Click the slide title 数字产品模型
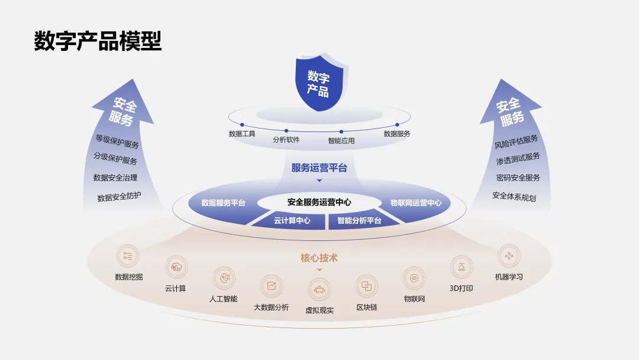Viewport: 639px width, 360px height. click(x=98, y=41)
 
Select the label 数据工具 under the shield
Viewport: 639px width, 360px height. click(x=242, y=134)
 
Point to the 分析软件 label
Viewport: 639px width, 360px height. click(x=286, y=140)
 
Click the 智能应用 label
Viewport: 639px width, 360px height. click(x=341, y=142)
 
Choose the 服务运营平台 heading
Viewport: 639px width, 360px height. click(x=319, y=168)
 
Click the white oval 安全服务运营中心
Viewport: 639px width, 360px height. click(x=319, y=202)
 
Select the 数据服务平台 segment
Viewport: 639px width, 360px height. click(x=223, y=202)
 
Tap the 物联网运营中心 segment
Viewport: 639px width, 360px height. click(x=416, y=202)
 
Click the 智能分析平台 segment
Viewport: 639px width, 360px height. click(x=359, y=220)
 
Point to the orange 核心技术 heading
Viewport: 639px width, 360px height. click(x=319, y=258)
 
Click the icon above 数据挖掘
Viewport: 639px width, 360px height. click(x=128, y=256)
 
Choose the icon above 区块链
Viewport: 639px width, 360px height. click(x=367, y=287)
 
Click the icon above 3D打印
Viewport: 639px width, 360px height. click(x=461, y=267)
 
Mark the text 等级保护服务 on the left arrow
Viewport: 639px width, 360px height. click(x=117, y=141)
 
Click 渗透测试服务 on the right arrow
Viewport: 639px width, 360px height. click(x=518, y=158)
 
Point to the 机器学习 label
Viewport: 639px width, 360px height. click(x=509, y=277)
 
